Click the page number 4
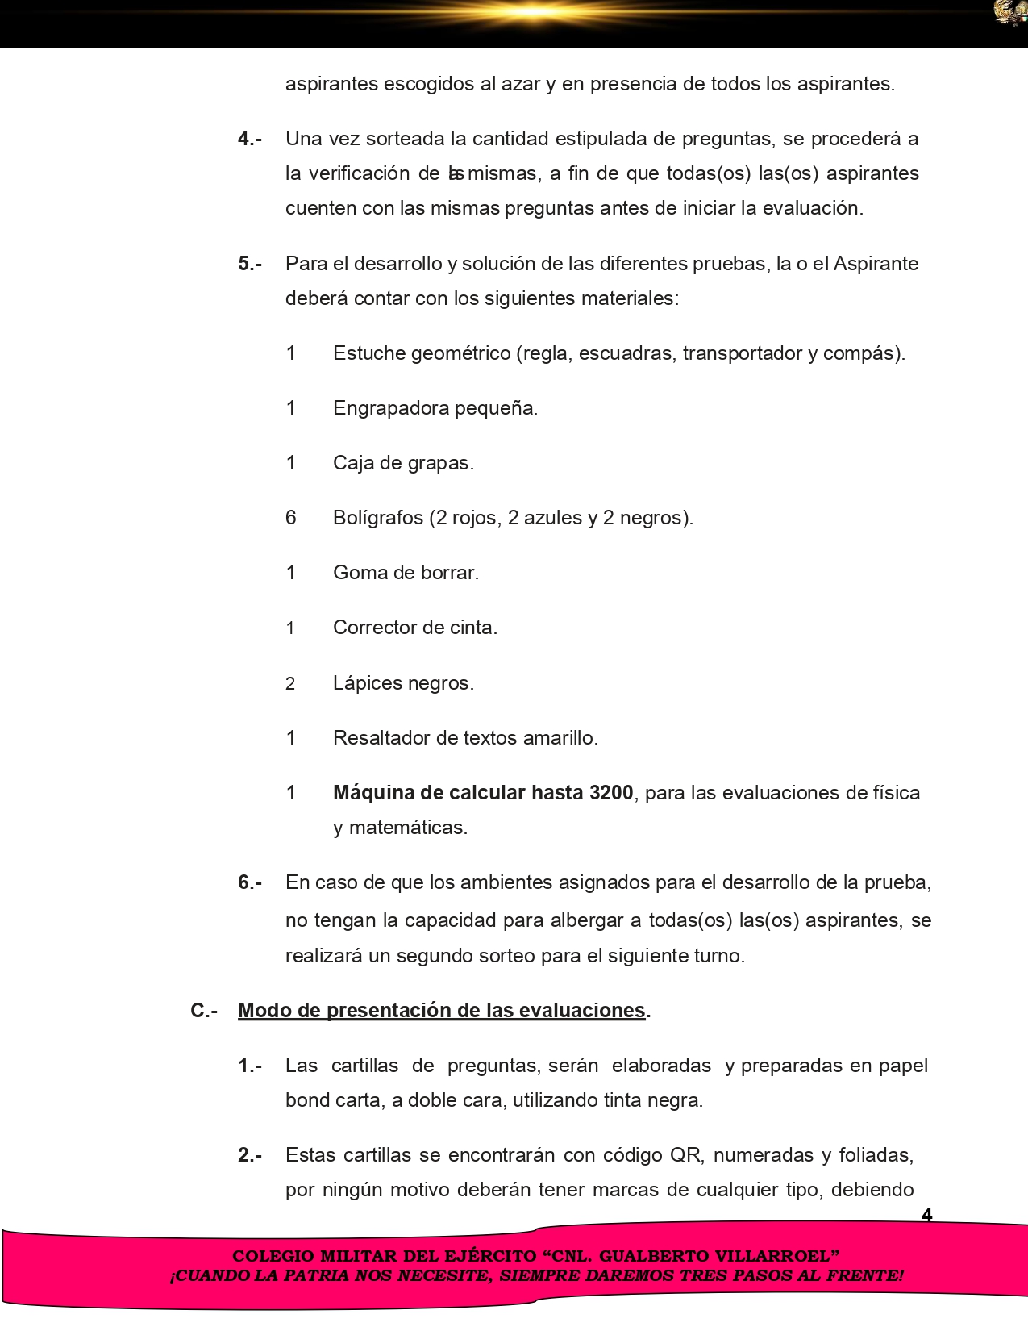pyautogui.click(x=926, y=1215)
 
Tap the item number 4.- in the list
pyautogui.click(x=249, y=139)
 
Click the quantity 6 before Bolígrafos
pyautogui.click(x=291, y=518)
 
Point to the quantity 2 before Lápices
pyautogui.click(x=290, y=684)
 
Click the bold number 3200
pyautogui.click(x=611, y=793)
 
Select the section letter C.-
pyautogui.click(x=204, y=1011)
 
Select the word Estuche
pyautogui.click(x=369, y=353)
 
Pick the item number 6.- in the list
pyautogui.click(x=249, y=882)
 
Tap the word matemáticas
pyautogui.click(x=408, y=828)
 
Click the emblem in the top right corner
pyautogui.click(x=1010, y=13)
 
